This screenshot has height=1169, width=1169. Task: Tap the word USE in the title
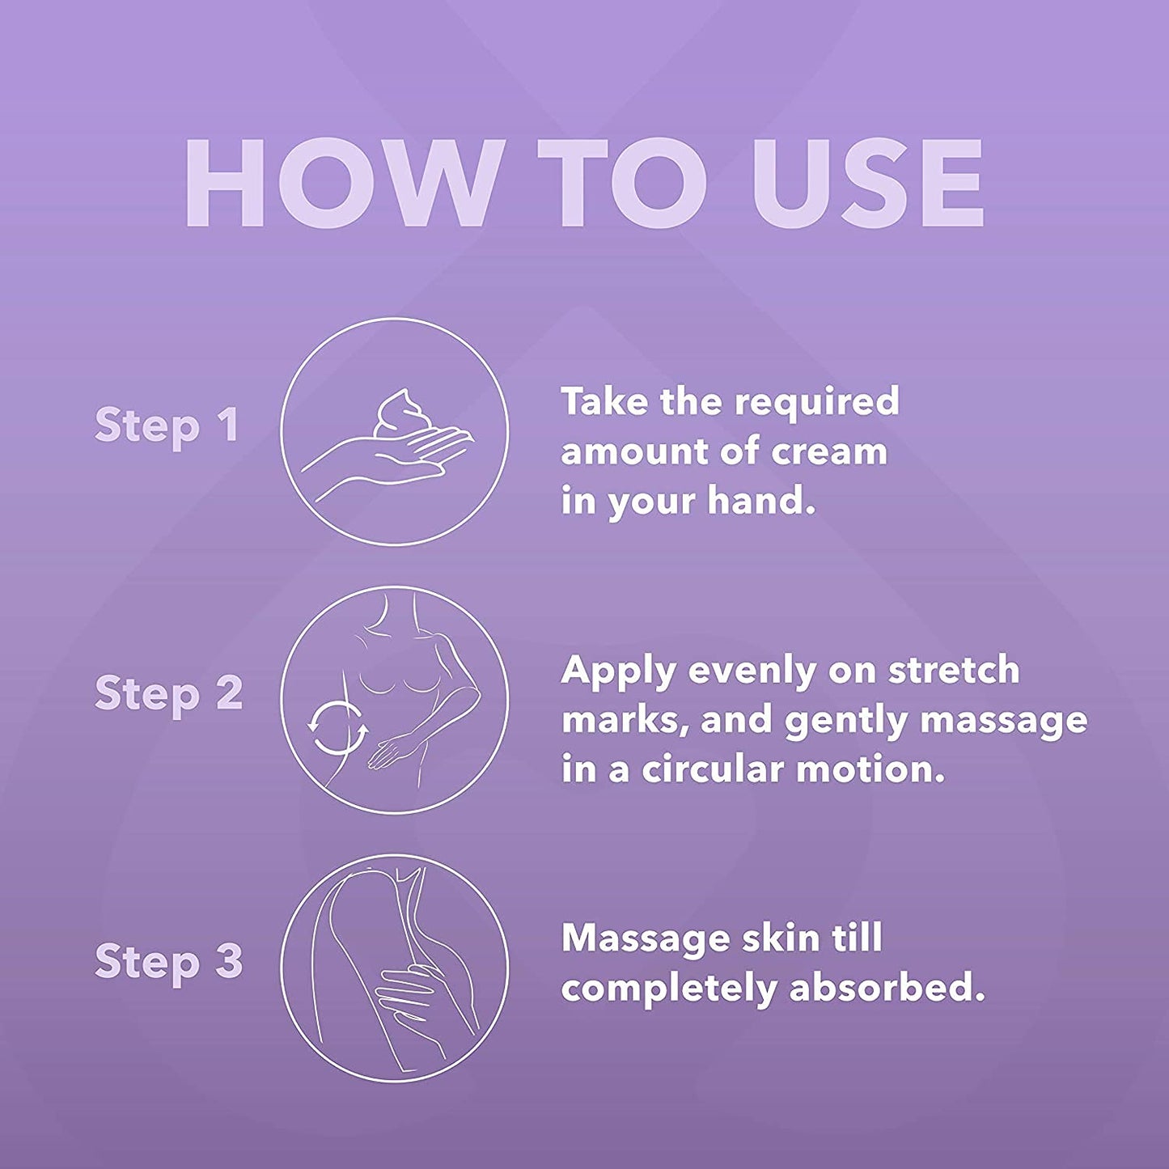pos(867,183)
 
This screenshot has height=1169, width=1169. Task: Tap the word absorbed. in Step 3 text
pos(887,988)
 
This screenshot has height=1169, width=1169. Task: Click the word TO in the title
pos(622,183)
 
